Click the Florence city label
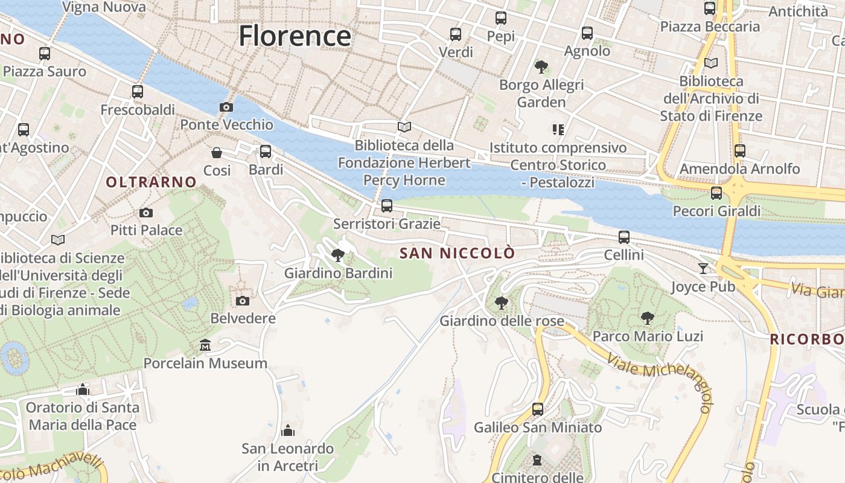295,36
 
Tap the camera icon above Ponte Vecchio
226,107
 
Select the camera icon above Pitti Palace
145,213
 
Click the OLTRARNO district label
151,182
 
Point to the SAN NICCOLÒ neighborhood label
458,253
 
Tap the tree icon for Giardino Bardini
338,255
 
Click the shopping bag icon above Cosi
217,153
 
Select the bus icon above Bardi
266,152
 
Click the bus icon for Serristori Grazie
387,206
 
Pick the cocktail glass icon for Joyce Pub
703,268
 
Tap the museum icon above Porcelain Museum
205,345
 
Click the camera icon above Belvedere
243,301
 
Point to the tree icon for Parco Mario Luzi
648,318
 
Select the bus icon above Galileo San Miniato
537,409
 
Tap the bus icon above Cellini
624,237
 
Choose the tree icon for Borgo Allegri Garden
541,66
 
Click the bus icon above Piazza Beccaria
710,8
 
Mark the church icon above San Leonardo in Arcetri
288,430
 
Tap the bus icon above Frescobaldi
138,92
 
